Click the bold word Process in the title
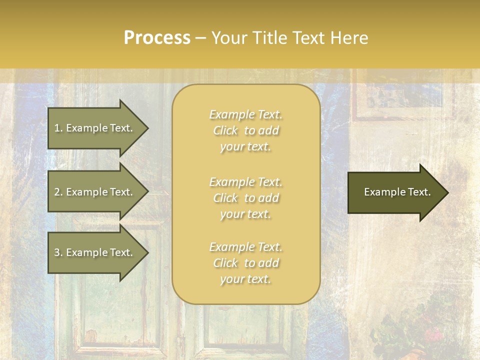pyautogui.click(x=157, y=38)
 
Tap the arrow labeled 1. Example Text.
pyautogui.click(x=95, y=128)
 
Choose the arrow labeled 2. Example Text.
pyautogui.click(x=95, y=192)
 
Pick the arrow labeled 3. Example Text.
pyautogui.click(x=95, y=253)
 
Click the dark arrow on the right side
pyautogui.click(x=395, y=192)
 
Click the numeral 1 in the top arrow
pyautogui.click(x=56, y=128)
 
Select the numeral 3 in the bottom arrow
pyautogui.click(x=56, y=253)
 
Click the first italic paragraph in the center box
pyautogui.click(x=245, y=130)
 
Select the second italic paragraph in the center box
pyautogui.click(x=245, y=198)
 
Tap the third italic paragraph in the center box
pyautogui.click(x=245, y=263)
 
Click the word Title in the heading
pyautogui.click(x=271, y=38)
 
